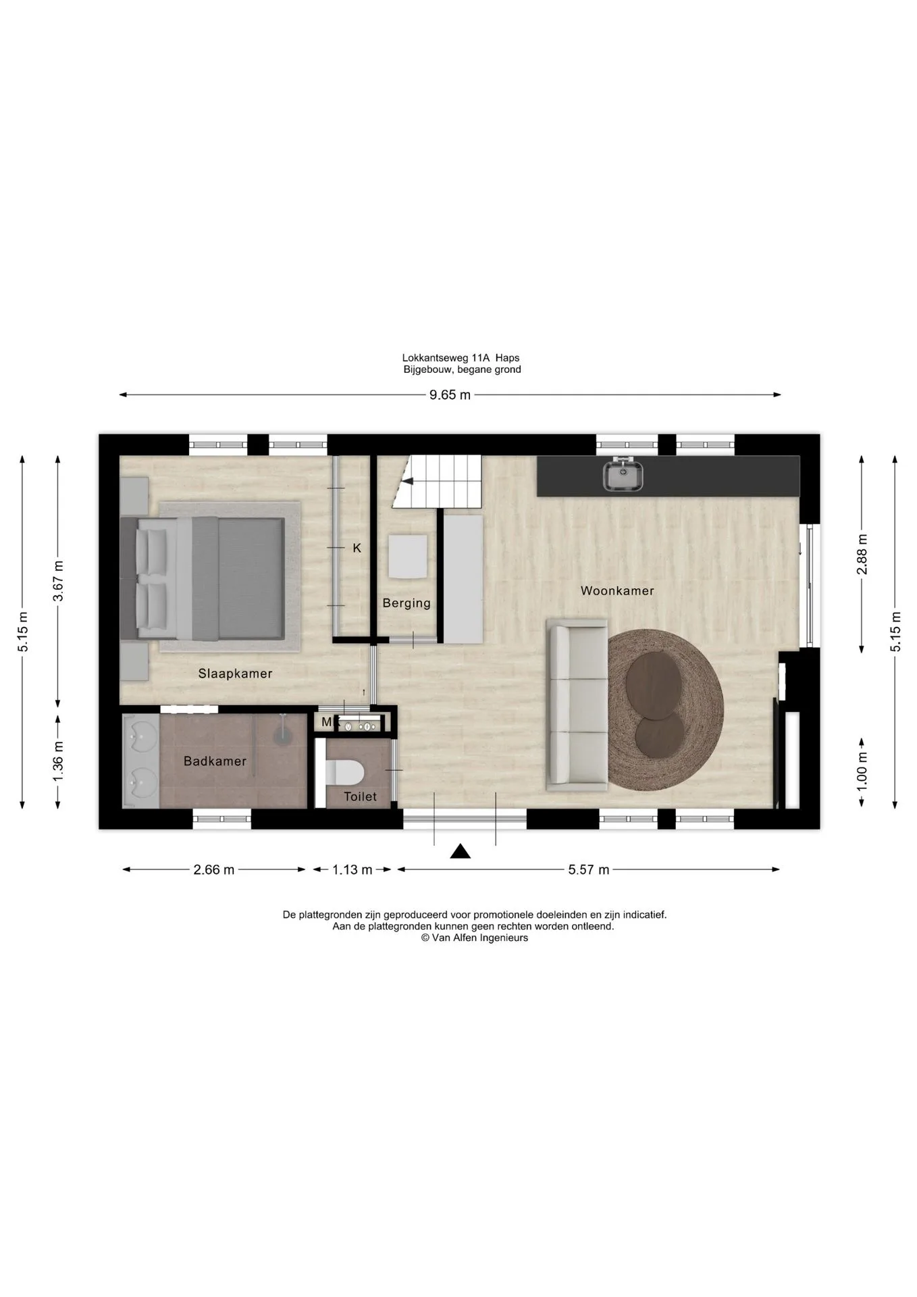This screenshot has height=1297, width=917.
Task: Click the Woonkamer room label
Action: [x=617, y=591]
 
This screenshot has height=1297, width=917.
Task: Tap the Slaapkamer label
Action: [x=235, y=673]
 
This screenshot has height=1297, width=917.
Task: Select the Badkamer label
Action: [x=215, y=761]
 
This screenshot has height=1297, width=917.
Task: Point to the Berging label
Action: [x=407, y=603]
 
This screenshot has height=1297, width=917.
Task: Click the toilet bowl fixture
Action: [x=344, y=771]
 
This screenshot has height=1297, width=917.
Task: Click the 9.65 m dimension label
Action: [x=450, y=395]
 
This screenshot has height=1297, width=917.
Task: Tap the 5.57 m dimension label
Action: [x=589, y=870]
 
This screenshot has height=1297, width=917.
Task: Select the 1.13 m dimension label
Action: [x=352, y=870]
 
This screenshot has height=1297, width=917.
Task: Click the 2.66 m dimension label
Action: [x=214, y=870]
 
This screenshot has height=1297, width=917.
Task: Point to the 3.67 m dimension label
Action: [x=58, y=581]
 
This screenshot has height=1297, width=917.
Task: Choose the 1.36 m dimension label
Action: [x=58, y=762]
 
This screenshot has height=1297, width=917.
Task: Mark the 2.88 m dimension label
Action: [x=862, y=554]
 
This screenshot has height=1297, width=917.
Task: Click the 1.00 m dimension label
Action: [x=862, y=771]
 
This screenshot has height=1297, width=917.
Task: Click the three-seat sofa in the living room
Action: [x=577, y=706]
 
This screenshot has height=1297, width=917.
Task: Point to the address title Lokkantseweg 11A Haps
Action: [x=461, y=358]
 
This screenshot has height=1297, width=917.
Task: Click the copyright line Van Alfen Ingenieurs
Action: [x=475, y=938]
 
